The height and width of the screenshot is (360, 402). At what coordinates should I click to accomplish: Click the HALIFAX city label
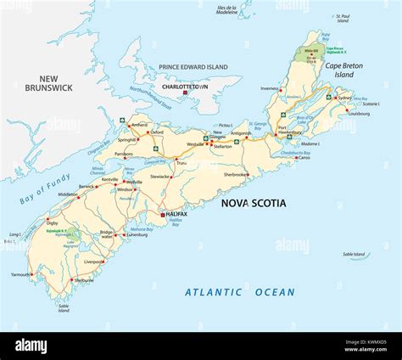(x=177, y=215)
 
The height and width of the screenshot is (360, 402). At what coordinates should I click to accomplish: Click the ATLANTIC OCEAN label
(x=240, y=292)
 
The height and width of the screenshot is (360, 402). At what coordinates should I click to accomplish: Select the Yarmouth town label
(x=20, y=274)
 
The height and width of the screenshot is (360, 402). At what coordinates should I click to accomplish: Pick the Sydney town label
(x=345, y=98)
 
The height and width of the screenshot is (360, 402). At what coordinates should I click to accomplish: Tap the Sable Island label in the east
(x=355, y=254)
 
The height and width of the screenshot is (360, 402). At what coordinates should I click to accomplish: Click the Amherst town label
(x=138, y=124)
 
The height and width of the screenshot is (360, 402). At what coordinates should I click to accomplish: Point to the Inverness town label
(x=270, y=87)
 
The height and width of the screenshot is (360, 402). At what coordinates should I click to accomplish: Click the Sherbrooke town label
(x=235, y=174)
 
